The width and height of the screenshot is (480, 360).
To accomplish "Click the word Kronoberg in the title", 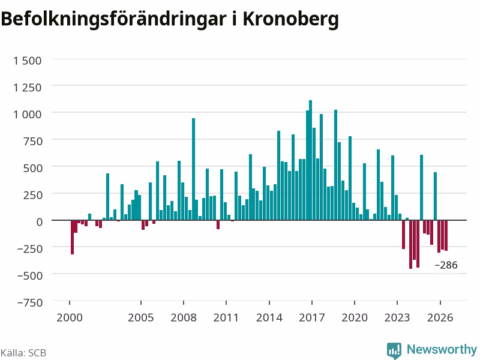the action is click(290, 20).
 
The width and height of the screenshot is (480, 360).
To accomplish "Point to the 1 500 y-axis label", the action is click(27, 61).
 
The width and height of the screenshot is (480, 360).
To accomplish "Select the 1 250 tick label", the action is click(27, 88).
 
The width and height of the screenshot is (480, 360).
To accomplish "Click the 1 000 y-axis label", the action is click(27, 115).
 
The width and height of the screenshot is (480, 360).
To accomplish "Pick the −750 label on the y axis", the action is click(30, 302).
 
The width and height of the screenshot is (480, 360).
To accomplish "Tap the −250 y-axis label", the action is click(30, 248).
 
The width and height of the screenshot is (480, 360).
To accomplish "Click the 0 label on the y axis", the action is click(40, 222).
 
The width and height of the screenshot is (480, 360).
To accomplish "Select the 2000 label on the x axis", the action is click(70, 317).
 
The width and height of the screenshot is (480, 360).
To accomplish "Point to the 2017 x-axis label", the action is click(311, 317).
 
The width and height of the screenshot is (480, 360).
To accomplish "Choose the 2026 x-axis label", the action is click(440, 317).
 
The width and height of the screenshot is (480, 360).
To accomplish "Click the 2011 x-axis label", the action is click(226, 317).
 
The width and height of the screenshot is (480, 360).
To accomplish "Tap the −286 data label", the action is click(446, 265).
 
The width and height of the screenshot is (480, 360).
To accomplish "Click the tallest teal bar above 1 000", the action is click(310, 160).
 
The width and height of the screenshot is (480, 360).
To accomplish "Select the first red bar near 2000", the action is click(72, 237).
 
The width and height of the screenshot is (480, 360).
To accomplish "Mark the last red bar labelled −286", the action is click(446, 235).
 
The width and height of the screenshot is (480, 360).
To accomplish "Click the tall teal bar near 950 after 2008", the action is click(193, 169).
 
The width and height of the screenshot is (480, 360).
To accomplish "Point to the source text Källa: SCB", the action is click(23, 353).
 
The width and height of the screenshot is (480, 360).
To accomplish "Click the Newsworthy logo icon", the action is click(394, 350).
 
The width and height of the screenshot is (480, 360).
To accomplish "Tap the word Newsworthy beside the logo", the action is click(442, 349).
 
